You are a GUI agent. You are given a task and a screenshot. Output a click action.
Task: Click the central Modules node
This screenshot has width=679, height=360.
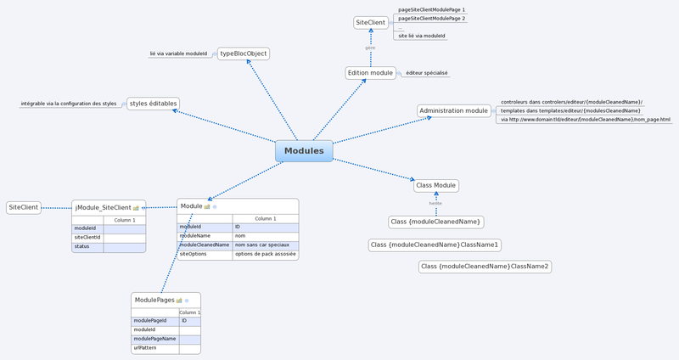pos(304,151)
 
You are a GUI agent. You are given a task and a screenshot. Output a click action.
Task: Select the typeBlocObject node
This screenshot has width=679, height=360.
pos(244,53)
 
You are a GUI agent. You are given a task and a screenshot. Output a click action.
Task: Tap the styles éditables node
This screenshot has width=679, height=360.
pos(153,104)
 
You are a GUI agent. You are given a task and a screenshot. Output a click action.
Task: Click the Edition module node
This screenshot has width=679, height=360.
pos(371,73)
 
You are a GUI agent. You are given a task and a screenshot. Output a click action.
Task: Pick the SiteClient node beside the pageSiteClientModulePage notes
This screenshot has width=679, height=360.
pos(371,23)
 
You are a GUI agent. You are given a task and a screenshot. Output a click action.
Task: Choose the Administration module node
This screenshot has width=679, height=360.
pos(454,110)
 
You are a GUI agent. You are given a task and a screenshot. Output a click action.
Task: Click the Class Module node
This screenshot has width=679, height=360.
pos(436,185)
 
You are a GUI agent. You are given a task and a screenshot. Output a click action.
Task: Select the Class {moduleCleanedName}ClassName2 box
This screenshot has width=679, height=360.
pos(485,267)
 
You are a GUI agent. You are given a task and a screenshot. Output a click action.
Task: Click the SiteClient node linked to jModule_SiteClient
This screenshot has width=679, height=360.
pos(23,207)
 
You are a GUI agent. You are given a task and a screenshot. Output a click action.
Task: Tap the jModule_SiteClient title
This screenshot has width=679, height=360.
pos(103,207)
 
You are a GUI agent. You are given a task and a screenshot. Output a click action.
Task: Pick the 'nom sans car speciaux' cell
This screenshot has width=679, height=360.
pos(264,245)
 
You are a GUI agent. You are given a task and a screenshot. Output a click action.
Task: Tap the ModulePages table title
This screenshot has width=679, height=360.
pos(154,300)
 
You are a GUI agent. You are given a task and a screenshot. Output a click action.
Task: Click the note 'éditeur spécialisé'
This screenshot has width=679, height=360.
pos(426,74)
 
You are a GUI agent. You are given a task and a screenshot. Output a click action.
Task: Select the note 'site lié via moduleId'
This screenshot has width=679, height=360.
pos(421,37)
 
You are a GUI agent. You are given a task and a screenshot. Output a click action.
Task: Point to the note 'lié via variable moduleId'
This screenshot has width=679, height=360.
pos(178,53)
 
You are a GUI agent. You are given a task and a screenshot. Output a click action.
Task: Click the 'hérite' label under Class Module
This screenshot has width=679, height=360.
pos(435,204)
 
